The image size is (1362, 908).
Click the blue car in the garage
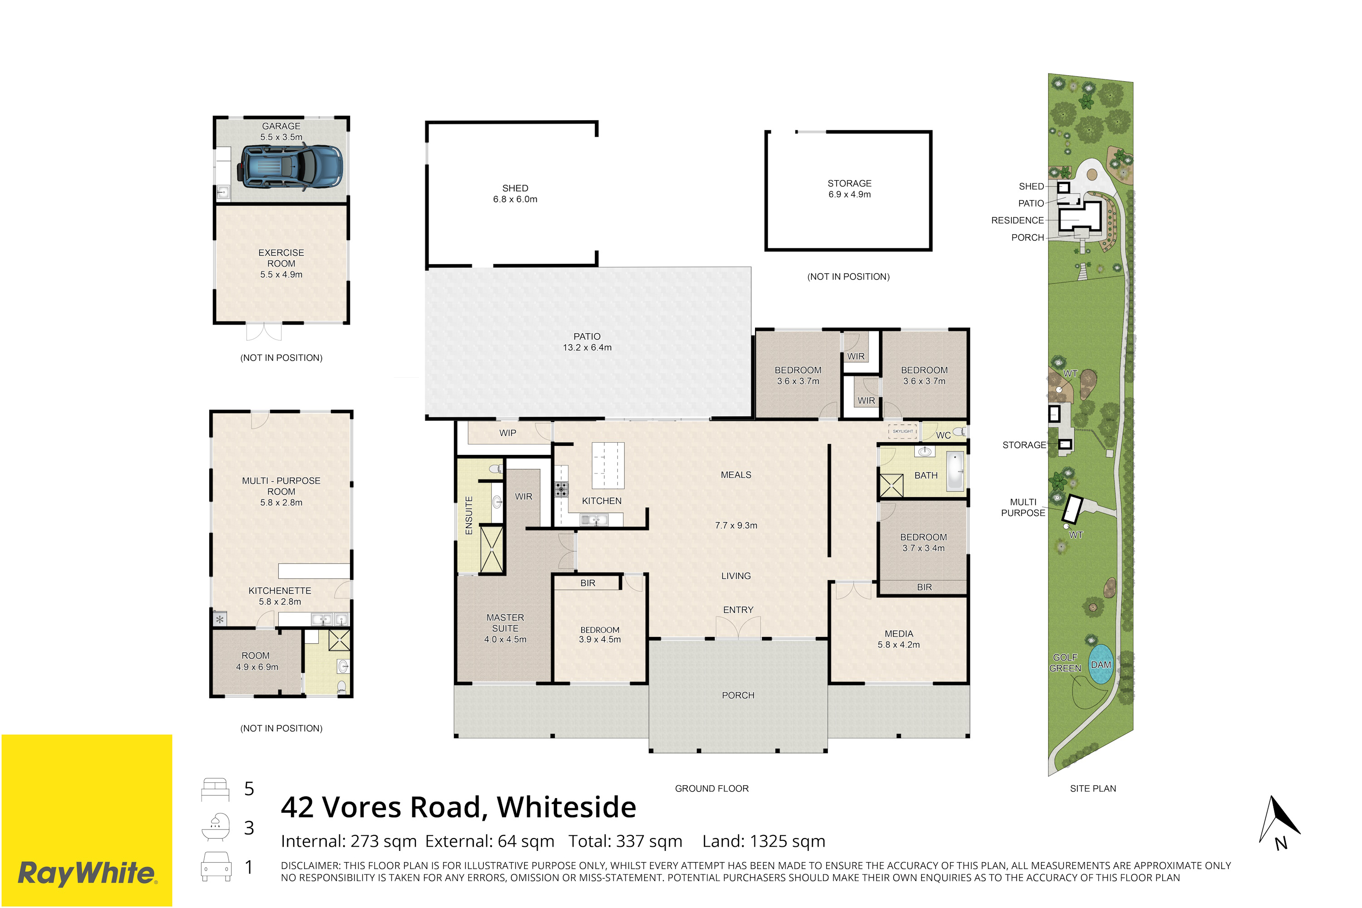pyautogui.click(x=290, y=168)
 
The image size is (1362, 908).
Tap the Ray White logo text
pyautogui.click(x=87, y=873)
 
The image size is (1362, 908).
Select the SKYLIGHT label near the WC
pyautogui.click(x=903, y=431)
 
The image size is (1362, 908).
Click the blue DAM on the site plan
pyautogui.click(x=1101, y=664)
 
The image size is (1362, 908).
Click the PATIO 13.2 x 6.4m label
pyautogui.click(x=587, y=342)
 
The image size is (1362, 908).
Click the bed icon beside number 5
pyautogui.click(x=215, y=789)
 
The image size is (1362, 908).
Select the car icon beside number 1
pyautogui.click(x=216, y=866)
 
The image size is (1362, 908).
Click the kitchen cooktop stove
pyautogui.click(x=561, y=490)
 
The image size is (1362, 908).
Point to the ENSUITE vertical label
pyautogui.click(x=469, y=515)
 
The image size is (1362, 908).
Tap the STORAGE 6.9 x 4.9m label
pyautogui.click(x=849, y=189)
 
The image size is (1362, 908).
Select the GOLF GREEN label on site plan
pyautogui.click(x=1065, y=663)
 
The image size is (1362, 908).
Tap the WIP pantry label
pyautogui.click(x=508, y=433)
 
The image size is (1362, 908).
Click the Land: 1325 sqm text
pyautogui.click(x=764, y=841)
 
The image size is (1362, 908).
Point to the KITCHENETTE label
pyautogui.click(x=280, y=591)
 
